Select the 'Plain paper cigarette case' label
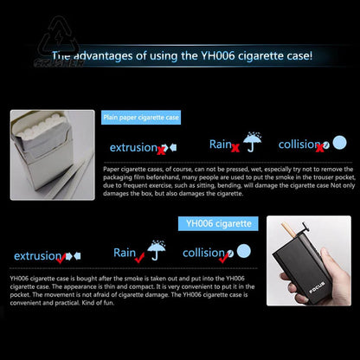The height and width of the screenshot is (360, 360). coord(141,118)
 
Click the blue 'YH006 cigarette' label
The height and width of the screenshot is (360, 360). coord(218,223)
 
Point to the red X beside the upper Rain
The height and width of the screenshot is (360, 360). coord(235,147)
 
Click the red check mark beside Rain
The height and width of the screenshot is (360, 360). coord(139,256)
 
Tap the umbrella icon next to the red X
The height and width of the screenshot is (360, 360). coord(252,142)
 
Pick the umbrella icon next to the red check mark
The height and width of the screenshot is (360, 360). coord(157,251)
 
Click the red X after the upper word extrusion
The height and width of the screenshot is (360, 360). coord(161,150)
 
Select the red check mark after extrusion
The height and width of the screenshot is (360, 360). coord(62,258)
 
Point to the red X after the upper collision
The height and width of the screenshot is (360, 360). coord(320,148)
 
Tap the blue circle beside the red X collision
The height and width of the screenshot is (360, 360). coord(339,143)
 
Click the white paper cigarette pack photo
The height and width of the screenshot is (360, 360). coord(52,155)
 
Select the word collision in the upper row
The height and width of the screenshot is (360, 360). coord(297,145)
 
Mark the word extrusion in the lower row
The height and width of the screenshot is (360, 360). coord(36,256)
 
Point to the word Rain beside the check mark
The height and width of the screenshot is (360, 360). coord(124,253)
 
